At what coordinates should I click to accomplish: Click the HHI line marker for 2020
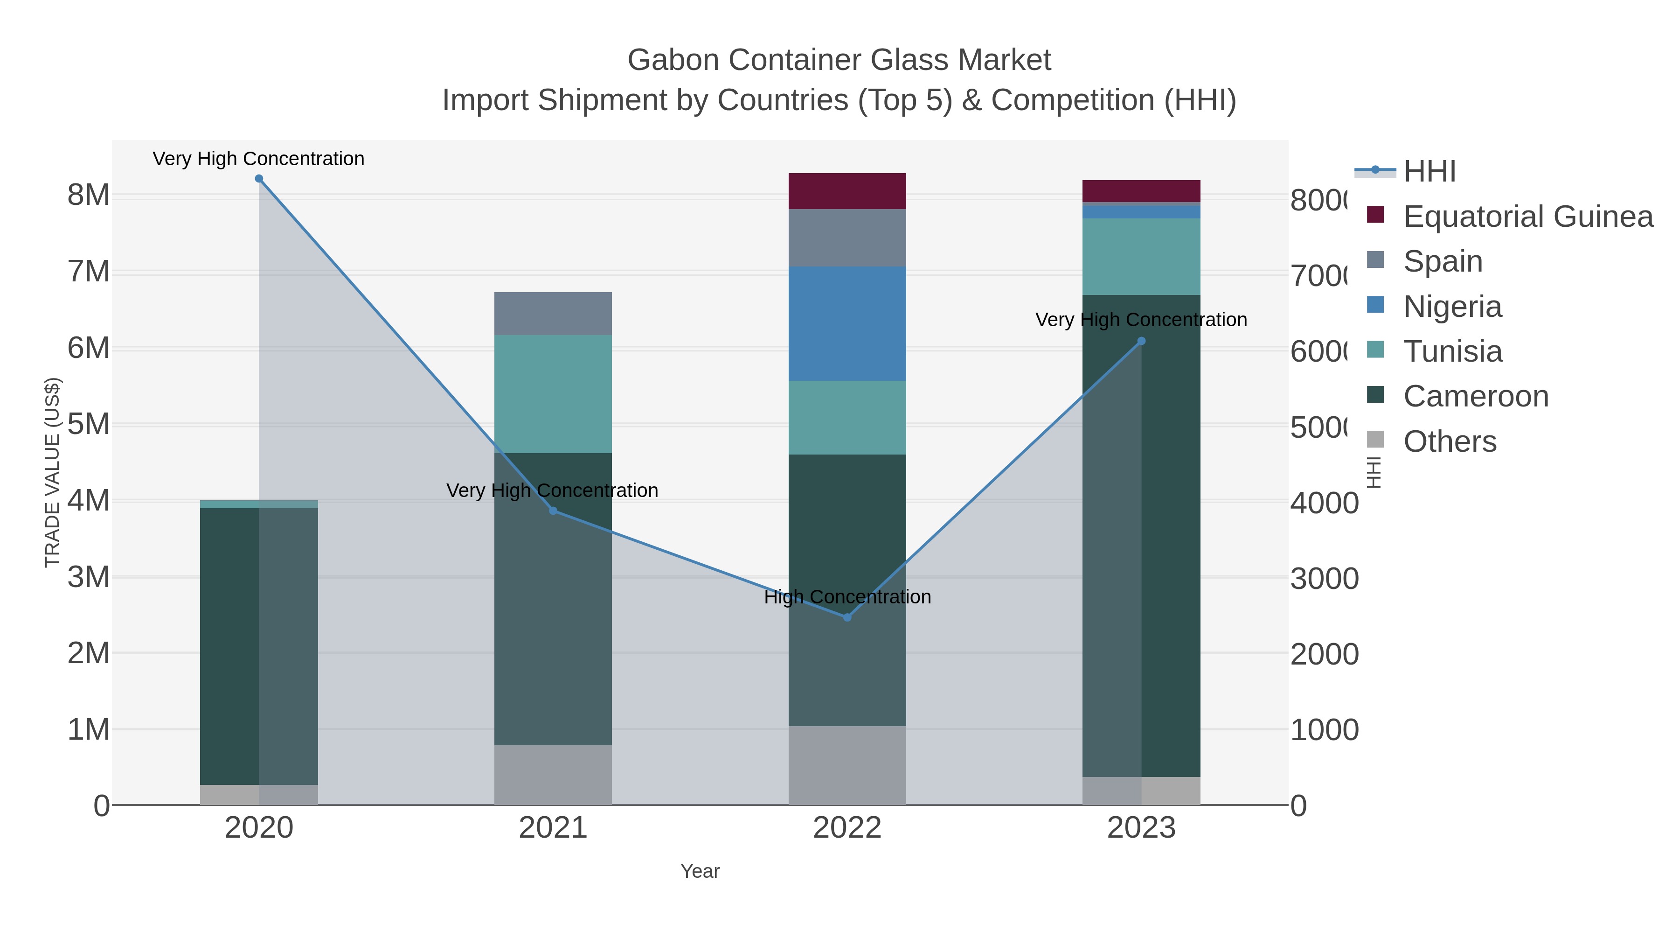pos(259,179)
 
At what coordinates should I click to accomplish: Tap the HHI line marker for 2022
pos(847,617)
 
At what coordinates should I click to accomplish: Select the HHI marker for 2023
pos(1141,341)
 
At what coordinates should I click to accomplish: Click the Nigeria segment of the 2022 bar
pos(847,323)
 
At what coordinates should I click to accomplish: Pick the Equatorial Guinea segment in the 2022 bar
pos(847,191)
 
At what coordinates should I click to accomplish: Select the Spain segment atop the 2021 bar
pos(553,314)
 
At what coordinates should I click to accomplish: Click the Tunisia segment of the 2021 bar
pos(553,394)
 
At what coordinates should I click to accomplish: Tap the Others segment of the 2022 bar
pos(847,765)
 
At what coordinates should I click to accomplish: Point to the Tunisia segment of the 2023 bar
pos(1141,257)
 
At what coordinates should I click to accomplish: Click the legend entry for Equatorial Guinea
pos(1528,217)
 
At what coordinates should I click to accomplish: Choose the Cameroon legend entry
pos(1476,397)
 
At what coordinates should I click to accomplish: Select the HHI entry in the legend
pos(1429,172)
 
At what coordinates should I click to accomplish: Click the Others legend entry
pos(1450,441)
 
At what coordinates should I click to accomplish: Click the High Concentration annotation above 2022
pos(847,597)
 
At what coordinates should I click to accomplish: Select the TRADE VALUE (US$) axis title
pos(52,472)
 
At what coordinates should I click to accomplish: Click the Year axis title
pos(700,871)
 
